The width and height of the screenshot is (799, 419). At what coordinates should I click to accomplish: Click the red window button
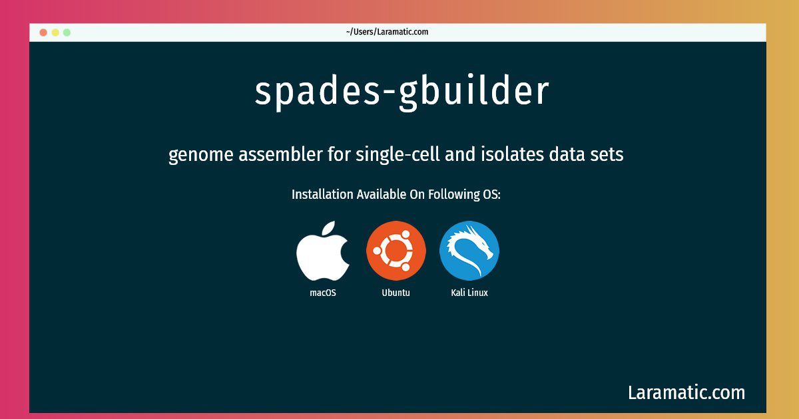pyautogui.click(x=43, y=32)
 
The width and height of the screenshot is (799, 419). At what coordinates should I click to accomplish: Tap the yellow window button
pyautogui.click(x=55, y=32)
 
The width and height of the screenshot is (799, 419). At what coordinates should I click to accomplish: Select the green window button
pyautogui.click(x=67, y=32)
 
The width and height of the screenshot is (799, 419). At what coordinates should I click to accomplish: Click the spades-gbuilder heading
pyautogui.click(x=402, y=92)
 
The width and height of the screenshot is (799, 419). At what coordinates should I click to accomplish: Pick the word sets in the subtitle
pyautogui.click(x=607, y=155)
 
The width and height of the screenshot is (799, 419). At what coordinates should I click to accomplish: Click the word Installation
pyautogui.click(x=322, y=195)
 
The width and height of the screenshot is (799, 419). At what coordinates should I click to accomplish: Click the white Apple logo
pyautogui.click(x=323, y=251)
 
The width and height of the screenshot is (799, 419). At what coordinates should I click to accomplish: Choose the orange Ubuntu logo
pyautogui.click(x=396, y=251)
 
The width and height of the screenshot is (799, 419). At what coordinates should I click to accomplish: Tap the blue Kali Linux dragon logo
pyautogui.click(x=469, y=251)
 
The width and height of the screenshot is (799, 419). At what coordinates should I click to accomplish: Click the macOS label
pyautogui.click(x=323, y=293)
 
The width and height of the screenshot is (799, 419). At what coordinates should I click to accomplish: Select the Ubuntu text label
pyautogui.click(x=396, y=293)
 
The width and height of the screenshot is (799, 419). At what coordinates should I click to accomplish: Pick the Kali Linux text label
pyautogui.click(x=469, y=293)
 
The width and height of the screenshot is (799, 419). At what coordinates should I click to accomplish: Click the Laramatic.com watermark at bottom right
pyautogui.click(x=686, y=392)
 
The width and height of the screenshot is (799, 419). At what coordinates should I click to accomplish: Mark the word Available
pyautogui.click(x=384, y=195)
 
